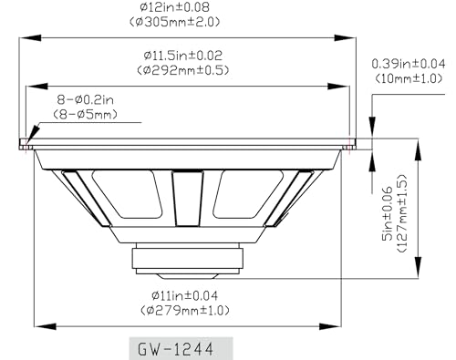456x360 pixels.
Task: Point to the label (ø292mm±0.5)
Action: pos(183,69)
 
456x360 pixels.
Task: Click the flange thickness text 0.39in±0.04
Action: pos(409,65)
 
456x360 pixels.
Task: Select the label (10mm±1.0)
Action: pos(409,78)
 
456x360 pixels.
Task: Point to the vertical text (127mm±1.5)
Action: pos(402,211)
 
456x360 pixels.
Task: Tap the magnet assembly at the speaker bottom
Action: pos(188,260)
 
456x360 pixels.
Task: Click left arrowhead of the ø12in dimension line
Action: pos(24,37)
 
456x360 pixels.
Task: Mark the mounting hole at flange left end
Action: pos(30,142)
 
